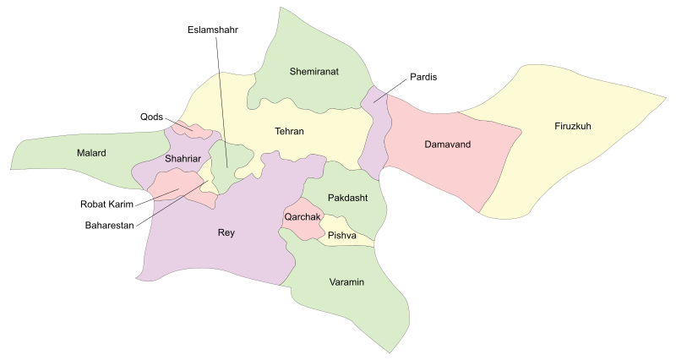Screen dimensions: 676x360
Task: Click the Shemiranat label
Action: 313,72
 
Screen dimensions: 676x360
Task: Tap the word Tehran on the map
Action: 289,132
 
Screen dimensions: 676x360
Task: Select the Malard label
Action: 92,153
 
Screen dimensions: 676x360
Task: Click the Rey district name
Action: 226,232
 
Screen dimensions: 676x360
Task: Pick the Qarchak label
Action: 301,216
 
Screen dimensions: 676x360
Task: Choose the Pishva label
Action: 342,235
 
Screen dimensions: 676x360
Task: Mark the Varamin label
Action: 346,281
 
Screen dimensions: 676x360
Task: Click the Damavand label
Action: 447,145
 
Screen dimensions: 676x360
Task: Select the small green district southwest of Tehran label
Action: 230,161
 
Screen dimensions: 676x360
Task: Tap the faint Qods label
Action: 152,117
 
